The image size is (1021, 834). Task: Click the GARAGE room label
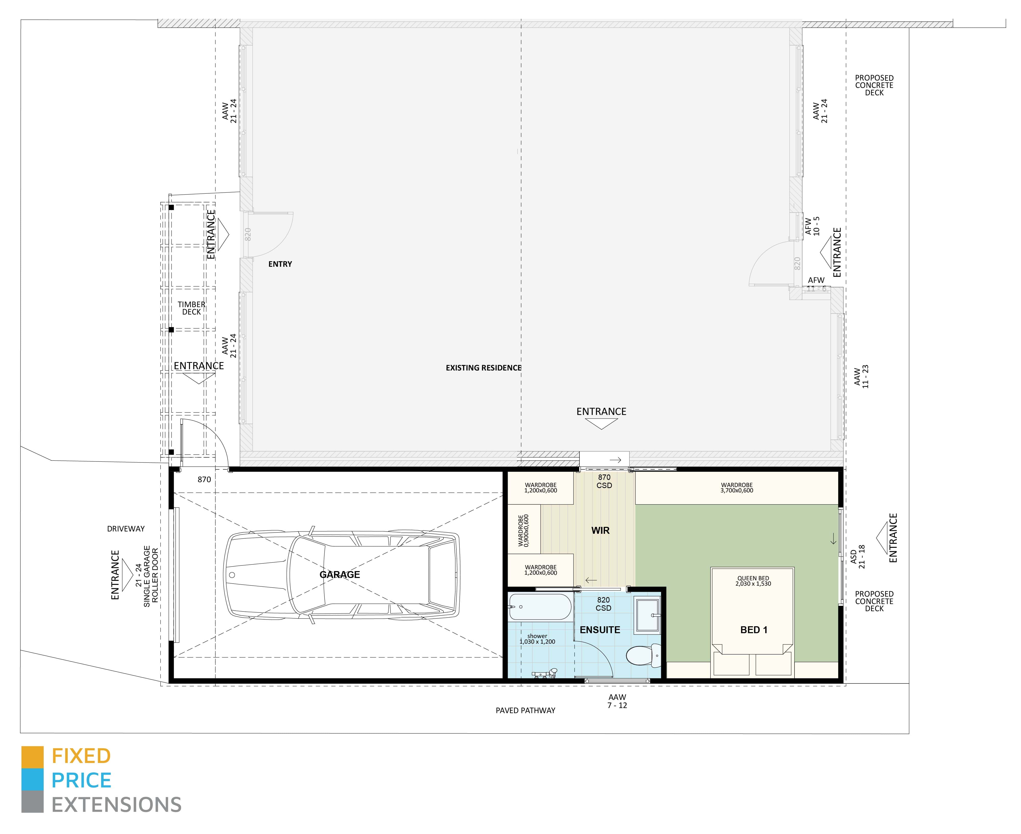[x=340, y=575]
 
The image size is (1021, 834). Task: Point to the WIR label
[x=600, y=530]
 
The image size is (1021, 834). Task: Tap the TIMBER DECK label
[x=191, y=308]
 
